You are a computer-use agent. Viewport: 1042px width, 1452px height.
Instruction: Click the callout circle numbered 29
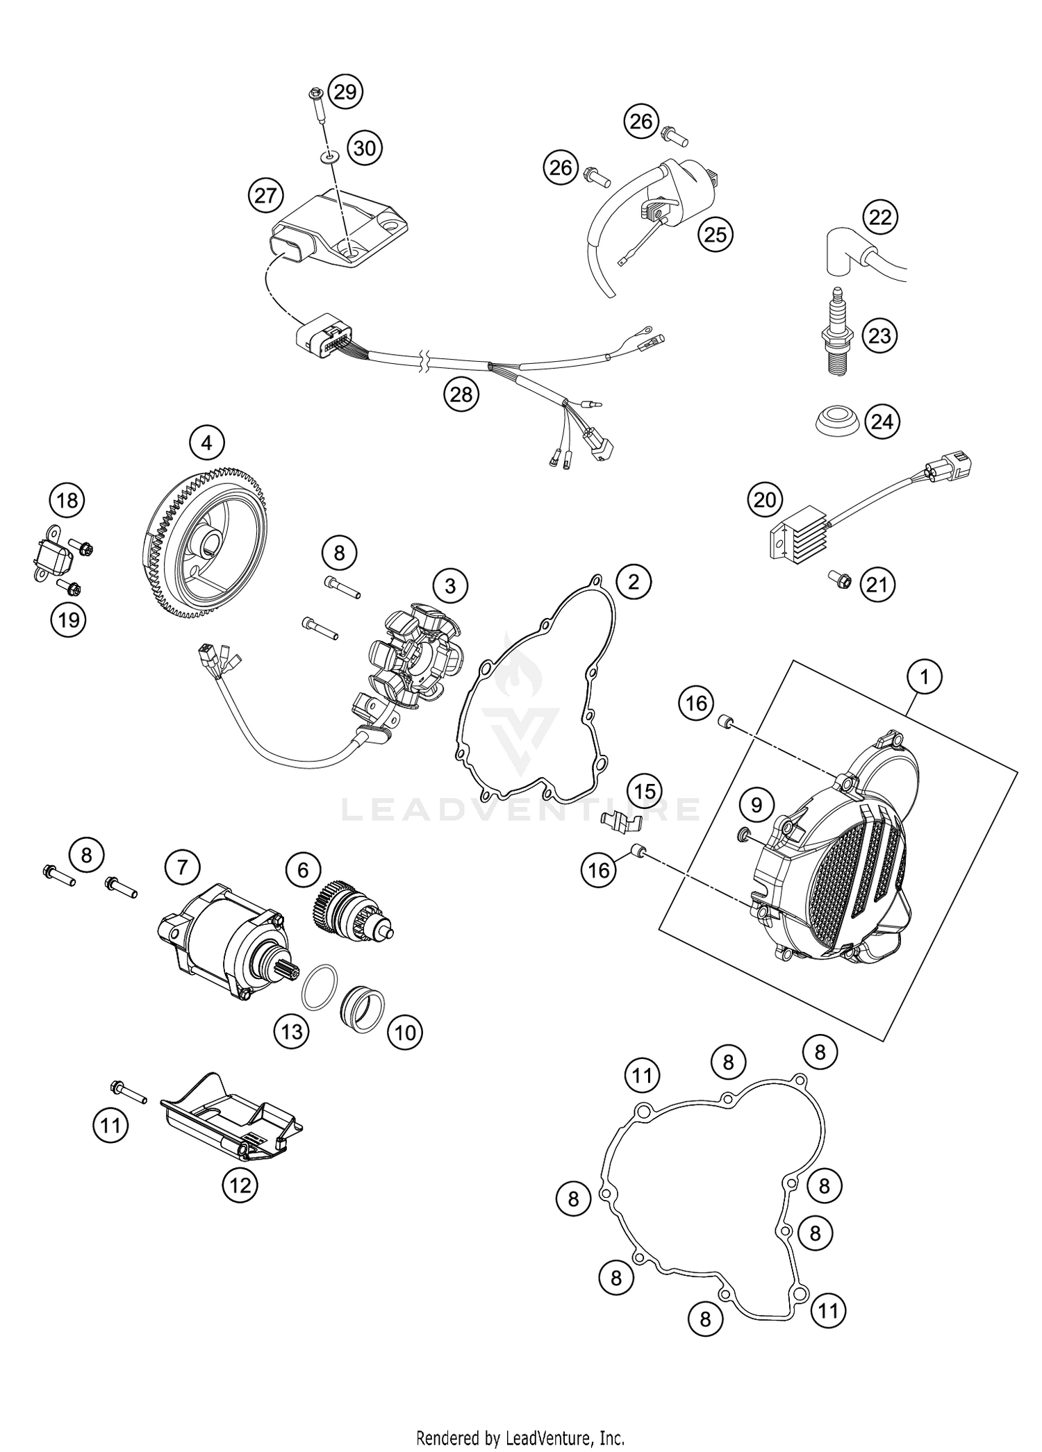pyautogui.click(x=345, y=92)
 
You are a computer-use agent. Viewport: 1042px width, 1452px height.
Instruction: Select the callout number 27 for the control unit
pyautogui.click(x=265, y=196)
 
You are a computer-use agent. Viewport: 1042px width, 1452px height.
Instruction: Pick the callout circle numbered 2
pyautogui.click(x=633, y=581)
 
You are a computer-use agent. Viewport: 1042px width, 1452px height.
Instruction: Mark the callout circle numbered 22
pyautogui.click(x=881, y=218)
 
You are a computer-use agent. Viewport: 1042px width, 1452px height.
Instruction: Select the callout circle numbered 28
pyautogui.click(x=461, y=394)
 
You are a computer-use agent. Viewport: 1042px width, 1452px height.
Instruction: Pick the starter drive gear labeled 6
pyautogui.click(x=351, y=910)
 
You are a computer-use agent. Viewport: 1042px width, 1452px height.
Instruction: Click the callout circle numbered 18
pyautogui.click(x=67, y=500)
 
